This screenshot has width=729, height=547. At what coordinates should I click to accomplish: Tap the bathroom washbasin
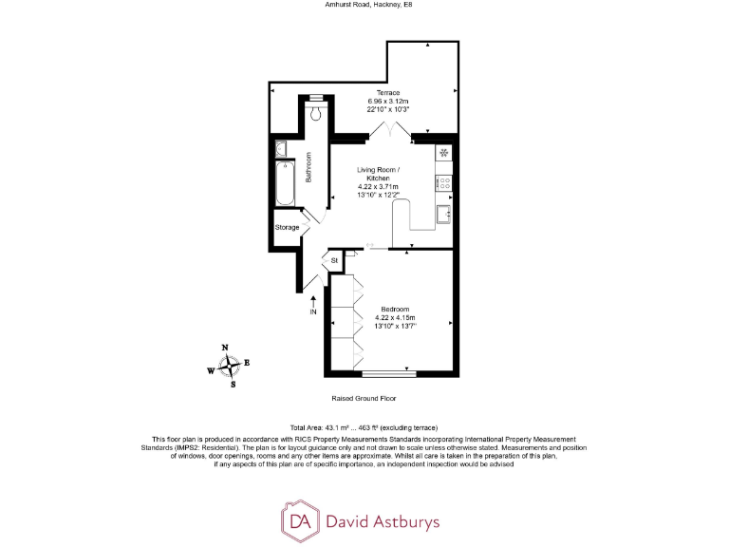tap(281, 149)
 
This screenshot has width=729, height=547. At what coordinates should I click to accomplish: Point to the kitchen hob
tap(444, 181)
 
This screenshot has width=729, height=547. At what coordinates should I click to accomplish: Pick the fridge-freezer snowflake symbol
tap(444, 153)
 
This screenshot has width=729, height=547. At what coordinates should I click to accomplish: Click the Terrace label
tap(388, 92)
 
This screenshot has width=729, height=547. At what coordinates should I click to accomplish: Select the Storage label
tap(288, 228)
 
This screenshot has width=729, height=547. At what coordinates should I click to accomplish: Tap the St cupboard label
tap(334, 260)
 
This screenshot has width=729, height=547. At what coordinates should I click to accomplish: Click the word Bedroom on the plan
tap(395, 310)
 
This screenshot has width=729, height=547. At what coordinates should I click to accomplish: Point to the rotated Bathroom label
tap(308, 168)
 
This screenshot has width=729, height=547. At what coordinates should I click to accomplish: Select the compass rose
tap(229, 367)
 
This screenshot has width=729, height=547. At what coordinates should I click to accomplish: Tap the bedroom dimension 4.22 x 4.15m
tap(395, 318)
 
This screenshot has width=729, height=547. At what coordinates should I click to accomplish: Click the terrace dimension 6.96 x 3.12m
tap(388, 101)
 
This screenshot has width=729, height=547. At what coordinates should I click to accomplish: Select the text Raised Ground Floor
tap(364, 398)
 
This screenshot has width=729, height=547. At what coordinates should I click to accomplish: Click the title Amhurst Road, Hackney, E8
tap(364, 5)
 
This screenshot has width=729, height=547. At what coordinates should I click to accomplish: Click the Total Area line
tap(364, 428)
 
